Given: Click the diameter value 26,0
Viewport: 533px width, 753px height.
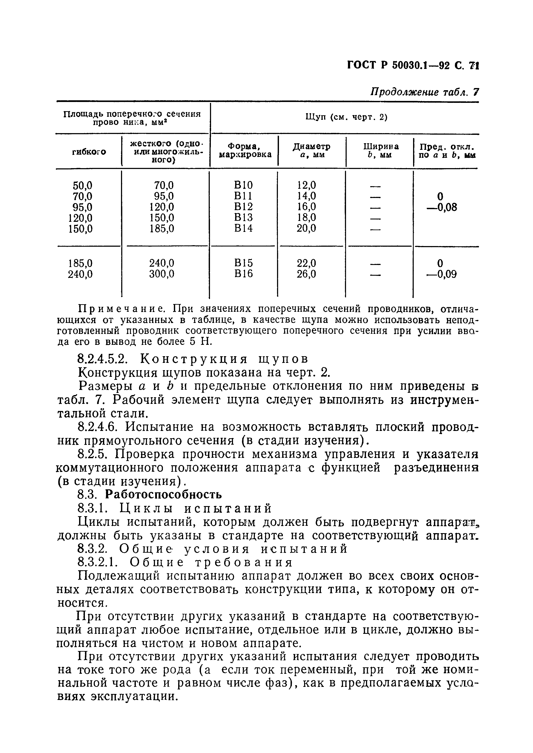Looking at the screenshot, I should [x=306, y=274].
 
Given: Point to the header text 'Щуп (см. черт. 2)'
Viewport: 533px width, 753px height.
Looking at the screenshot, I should [x=346, y=117].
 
